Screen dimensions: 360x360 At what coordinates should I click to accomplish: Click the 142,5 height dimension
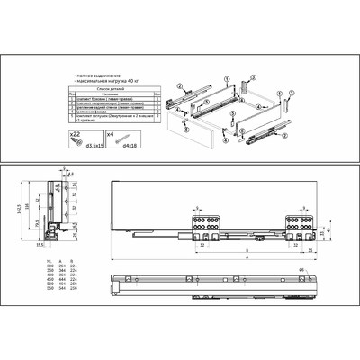point(19,210)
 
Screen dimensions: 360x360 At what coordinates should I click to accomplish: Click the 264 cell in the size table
point(58,266)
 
